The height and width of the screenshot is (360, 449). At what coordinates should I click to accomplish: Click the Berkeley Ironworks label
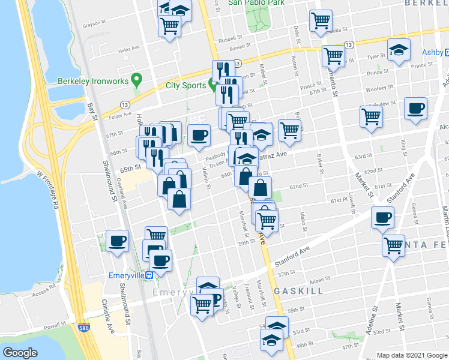(94, 81)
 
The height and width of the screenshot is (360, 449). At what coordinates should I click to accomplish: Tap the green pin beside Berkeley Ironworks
(137, 79)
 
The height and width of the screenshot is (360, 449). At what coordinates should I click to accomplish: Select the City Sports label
(185, 86)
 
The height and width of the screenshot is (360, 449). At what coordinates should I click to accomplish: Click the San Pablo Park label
(258, 2)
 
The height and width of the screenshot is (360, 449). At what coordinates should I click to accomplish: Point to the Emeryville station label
(128, 275)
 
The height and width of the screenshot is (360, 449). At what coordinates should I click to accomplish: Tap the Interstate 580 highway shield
(85, 328)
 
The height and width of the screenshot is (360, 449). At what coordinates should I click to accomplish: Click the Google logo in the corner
(20, 353)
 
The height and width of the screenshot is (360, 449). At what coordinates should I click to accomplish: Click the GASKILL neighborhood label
(299, 290)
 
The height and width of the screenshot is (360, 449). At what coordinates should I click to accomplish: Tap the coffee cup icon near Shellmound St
(118, 241)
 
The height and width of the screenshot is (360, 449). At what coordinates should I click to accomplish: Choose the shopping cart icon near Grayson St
(170, 26)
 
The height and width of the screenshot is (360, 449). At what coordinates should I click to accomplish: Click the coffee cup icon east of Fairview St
(415, 109)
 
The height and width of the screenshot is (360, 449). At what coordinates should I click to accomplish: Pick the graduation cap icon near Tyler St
(398, 50)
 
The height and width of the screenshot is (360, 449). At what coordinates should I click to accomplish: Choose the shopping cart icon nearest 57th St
(393, 245)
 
